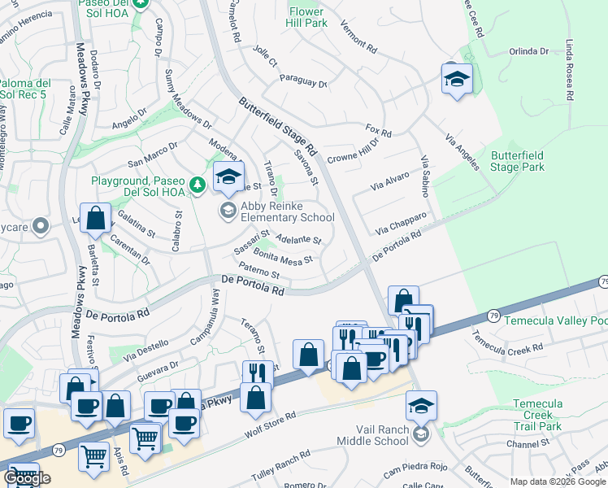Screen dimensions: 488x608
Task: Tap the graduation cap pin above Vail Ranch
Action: (x=421, y=405)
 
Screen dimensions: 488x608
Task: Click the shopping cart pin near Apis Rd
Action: (x=94, y=456)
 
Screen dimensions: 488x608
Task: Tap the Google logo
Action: (x=27, y=477)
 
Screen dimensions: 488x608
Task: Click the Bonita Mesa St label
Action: (x=284, y=258)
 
